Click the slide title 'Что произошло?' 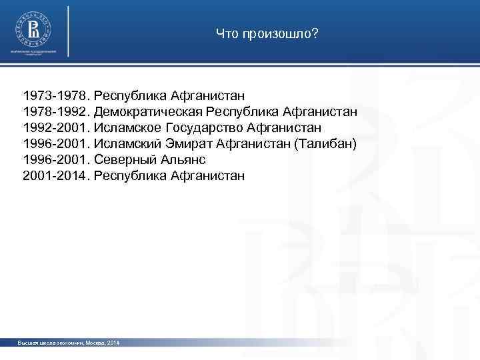pos(267,33)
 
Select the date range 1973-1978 pos(56,95)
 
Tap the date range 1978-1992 pos(56,111)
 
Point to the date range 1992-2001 pos(56,127)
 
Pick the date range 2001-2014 pos(56,176)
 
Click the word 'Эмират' pos(188,143)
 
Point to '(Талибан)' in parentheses pos(321,143)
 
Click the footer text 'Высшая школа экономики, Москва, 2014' pos(69,343)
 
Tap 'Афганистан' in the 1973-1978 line pos(208,95)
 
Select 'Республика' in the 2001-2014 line pos(131,176)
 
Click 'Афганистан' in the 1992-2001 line pos(285,127)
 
